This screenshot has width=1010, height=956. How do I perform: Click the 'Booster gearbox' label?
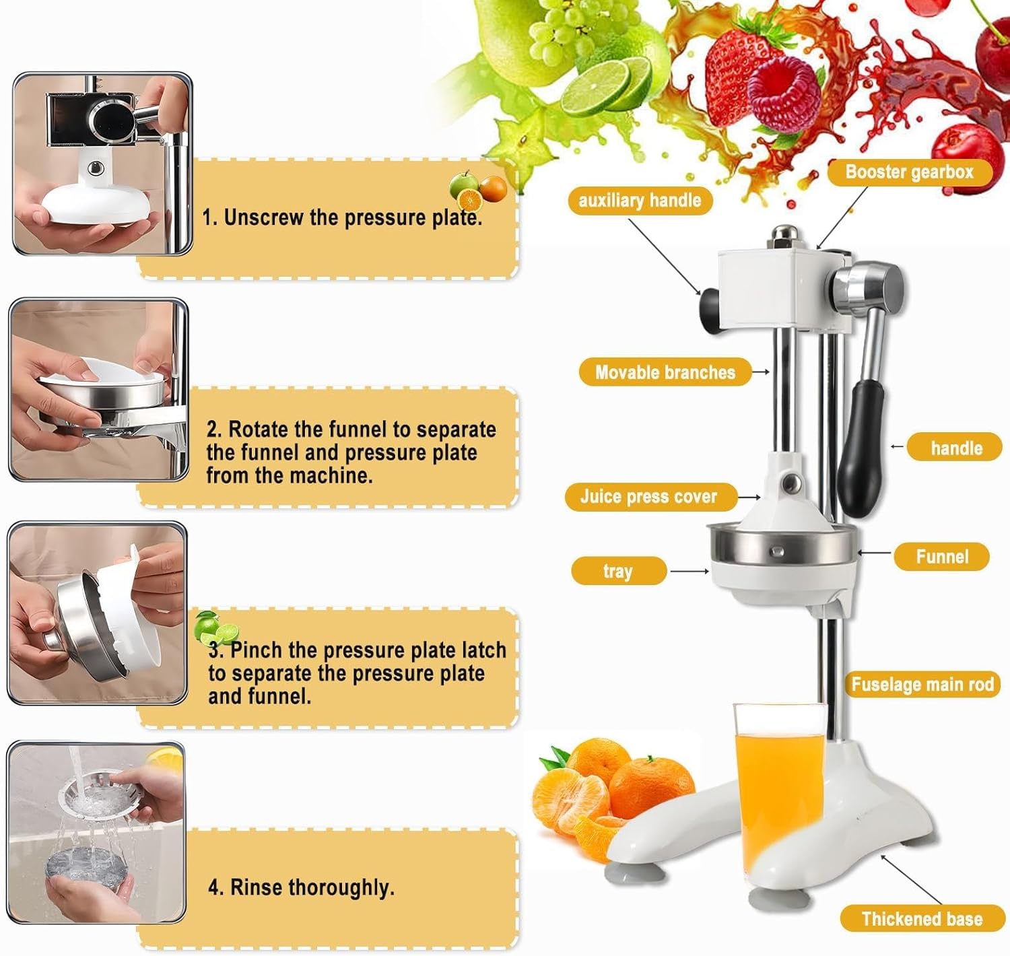pyautogui.click(x=909, y=172)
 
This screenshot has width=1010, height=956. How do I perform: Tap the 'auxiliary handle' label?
pyautogui.click(x=640, y=201)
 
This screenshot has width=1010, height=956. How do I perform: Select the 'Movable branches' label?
pyautogui.click(x=665, y=372)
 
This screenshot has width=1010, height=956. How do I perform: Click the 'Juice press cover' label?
pyautogui.click(x=648, y=497)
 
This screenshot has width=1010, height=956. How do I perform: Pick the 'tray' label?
pyautogui.click(x=618, y=571)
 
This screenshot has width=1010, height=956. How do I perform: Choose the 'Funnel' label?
pyautogui.click(x=941, y=557)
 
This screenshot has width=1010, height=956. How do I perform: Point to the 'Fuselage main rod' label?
pyautogui.click(x=922, y=685)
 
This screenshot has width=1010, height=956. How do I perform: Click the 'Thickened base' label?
pyautogui.click(x=922, y=919)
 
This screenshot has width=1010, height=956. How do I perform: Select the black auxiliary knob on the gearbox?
pyautogui.click(x=710, y=307)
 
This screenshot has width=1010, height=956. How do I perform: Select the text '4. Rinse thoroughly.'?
pyautogui.click(x=301, y=887)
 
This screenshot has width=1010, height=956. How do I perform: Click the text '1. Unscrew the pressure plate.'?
pyautogui.click(x=342, y=217)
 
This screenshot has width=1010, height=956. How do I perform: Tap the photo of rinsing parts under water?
pyautogui.click(x=96, y=833)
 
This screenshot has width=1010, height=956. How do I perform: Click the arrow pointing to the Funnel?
pyautogui.click(x=874, y=553)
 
